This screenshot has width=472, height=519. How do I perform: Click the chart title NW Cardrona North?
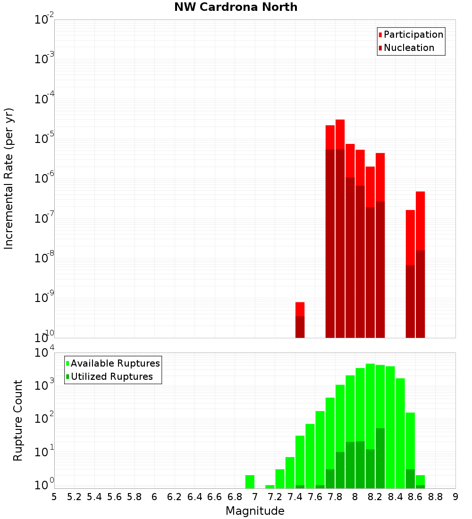coord(236,7)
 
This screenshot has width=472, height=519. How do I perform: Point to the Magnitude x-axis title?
coord(255,511)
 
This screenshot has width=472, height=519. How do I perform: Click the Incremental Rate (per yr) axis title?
coord(9,178)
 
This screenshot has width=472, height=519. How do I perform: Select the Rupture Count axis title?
coord(18,420)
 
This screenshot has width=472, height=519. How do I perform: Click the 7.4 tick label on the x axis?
coord(295,497)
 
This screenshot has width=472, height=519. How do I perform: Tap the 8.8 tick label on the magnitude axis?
coord(435,497)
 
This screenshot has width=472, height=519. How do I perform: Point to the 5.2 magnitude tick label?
coord(74,497)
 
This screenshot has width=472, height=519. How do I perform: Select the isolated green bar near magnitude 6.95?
coord(250,482)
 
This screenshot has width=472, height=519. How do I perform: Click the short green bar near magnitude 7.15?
coord(270,486)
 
